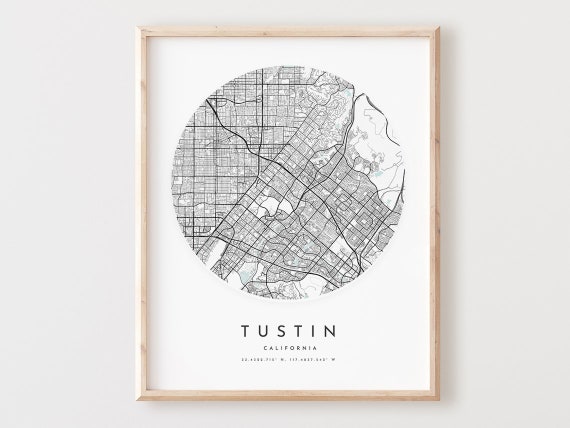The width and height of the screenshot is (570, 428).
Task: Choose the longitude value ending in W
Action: pos(306,360)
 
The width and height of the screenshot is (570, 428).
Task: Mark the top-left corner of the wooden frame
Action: pos(138,28)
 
